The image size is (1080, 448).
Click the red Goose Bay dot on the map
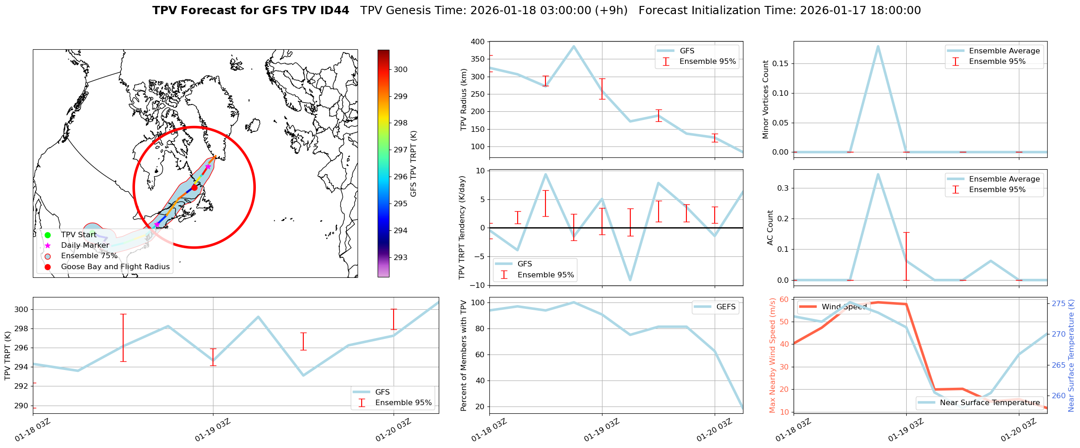pyautogui.click(x=194, y=188)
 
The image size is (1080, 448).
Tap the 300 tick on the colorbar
pyautogui.click(x=400, y=69)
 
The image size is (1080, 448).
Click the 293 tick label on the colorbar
pyautogui.click(x=400, y=257)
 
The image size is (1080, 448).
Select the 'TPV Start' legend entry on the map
pyautogui.click(x=78, y=235)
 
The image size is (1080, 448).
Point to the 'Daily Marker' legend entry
pyautogui.click(x=85, y=245)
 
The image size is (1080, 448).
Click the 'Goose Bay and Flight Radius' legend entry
pyautogui.click(x=115, y=267)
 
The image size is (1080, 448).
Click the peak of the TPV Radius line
pyautogui.click(x=574, y=46)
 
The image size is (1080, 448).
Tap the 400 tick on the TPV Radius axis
pyautogui.click(x=478, y=42)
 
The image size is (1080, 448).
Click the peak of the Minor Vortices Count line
pyautogui.click(x=877, y=46)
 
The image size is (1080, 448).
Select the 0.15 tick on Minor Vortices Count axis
pyautogui.click(x=780, y=63)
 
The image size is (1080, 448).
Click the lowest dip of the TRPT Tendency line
pyautogui.click(x=630, y=280)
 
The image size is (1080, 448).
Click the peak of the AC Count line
pyautogui.click(x=877, y=174)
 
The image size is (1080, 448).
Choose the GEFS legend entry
pyautogui.click(x=726, y=307)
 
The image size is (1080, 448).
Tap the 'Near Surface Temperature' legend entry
pyautogui.click(x=990, y=403)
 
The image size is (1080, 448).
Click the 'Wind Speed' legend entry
pyautogui.click(x=843, y=307)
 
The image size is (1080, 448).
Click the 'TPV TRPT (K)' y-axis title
pyautogui.click(x=7, y=356)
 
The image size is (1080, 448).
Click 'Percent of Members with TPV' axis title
pyautogui.click(x=464, y=355)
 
